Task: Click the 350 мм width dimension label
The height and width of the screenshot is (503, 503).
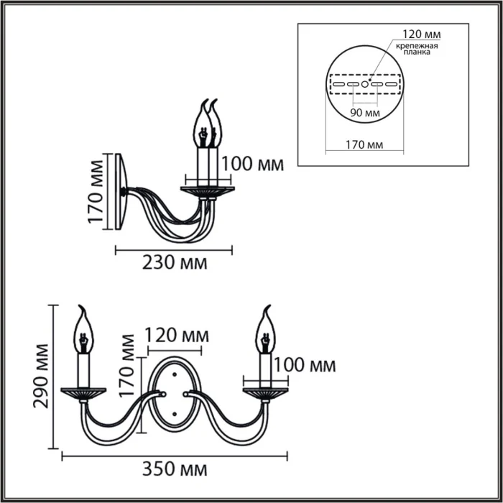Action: [175, 471]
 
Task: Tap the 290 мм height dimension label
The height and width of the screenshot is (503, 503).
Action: [41, 376]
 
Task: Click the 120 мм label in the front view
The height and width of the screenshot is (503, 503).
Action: [177, 336]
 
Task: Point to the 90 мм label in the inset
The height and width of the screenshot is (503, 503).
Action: [364, 113]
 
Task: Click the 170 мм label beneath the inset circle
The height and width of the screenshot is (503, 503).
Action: [364, 144]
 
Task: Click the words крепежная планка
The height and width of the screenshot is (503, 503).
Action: [416, 49]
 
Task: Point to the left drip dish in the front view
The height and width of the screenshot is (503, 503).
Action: [83, 392]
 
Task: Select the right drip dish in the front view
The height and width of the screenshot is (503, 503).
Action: [265, 392]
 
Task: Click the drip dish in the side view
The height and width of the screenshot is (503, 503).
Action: [208, 190]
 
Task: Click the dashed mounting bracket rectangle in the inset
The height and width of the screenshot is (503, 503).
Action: [364, 84]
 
